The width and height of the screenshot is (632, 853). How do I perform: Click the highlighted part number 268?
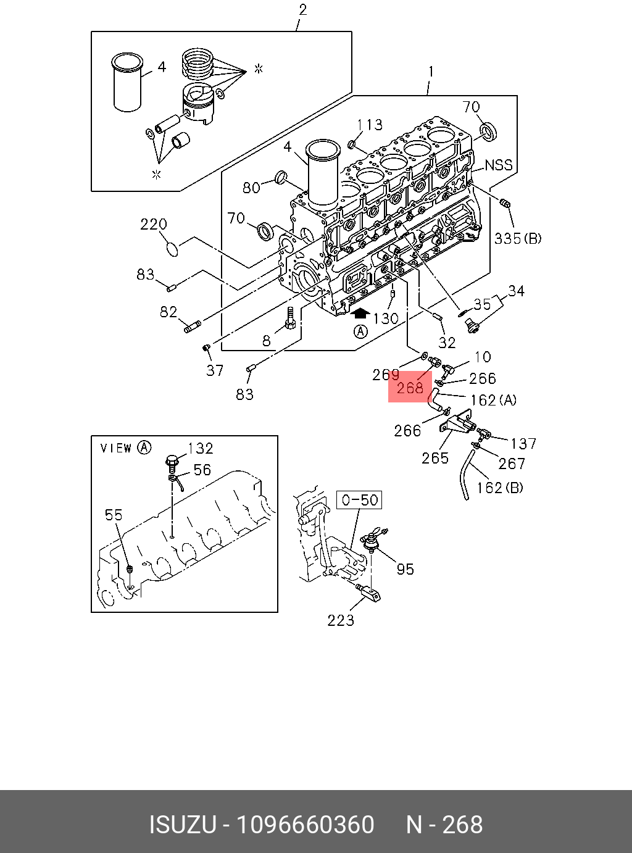410,388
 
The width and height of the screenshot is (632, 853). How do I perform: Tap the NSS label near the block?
499,165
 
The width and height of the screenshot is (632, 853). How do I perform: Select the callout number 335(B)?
518,238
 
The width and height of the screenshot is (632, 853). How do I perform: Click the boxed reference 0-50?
359,499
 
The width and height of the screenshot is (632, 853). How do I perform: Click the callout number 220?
154,225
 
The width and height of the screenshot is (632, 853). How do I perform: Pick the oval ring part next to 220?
173,248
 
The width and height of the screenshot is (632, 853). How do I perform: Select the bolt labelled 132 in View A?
172,460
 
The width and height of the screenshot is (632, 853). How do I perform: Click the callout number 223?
341,620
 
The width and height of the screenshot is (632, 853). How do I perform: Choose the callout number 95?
405,568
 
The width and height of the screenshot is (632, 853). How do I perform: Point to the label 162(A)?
493,400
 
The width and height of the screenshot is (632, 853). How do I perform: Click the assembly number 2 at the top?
302,10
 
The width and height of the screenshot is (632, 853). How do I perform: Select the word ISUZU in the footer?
182,825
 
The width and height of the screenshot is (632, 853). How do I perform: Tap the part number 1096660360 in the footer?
306,825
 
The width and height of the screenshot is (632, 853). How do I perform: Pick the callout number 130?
386,318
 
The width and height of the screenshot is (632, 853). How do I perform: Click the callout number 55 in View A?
114,515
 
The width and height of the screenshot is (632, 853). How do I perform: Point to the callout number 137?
523,443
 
